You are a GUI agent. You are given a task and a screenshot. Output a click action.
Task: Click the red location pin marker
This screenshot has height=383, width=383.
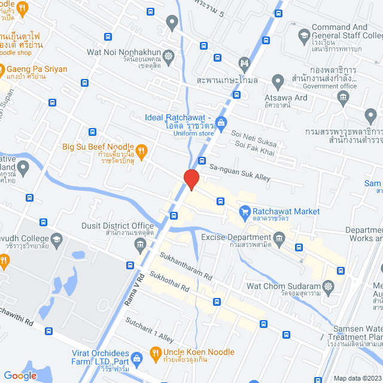pos(191,179)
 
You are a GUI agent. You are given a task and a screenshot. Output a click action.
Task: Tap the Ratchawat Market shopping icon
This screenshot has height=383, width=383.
pos(244,211)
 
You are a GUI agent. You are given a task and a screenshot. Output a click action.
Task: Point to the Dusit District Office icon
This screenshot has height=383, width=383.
pos(140,244)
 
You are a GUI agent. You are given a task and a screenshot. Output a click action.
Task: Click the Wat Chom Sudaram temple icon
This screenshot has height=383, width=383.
pos(327,286)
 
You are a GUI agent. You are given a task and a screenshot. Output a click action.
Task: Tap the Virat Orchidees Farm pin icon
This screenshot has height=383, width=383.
pos(137,360)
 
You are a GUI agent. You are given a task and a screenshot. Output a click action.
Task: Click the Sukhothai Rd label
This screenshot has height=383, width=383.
pos(170,281)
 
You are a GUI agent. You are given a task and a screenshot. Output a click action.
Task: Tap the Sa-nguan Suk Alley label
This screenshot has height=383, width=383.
pos(239,173)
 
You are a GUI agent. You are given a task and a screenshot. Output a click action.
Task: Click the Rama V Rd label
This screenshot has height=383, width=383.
pos(135,290)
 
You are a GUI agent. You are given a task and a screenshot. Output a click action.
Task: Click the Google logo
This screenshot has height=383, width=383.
pos(20,375)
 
